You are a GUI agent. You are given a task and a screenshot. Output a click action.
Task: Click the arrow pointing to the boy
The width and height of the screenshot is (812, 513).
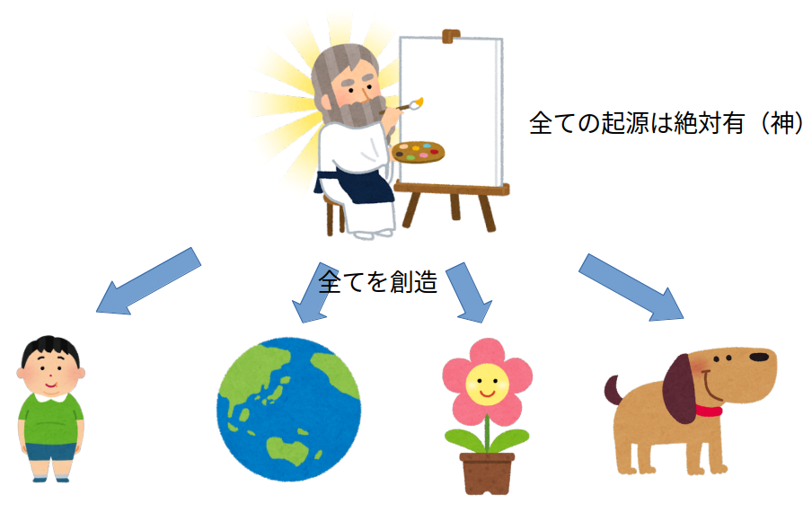pyautogui.click(x=148, y=281)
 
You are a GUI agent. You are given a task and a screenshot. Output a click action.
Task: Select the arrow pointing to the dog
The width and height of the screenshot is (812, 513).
pyautogui.click(x=631, y=287)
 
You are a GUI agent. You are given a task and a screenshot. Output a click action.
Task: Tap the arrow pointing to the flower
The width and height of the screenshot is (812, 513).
pyautogui.click(x=469, y=293)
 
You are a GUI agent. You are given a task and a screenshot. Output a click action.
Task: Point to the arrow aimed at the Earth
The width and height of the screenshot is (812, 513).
pyautogui.click(x=314, y=293)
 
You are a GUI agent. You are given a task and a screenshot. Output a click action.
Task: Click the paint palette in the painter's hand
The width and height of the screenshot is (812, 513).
pyautogui.click(x=418, y=152)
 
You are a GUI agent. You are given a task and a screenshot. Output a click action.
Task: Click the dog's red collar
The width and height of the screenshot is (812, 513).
pyautogui.click(x=709, y=411)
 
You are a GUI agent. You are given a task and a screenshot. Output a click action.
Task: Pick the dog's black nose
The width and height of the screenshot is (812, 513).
pyautogui.click(x=759, y=357)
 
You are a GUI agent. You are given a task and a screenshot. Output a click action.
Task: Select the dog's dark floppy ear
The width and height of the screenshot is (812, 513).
pyautogui.click(x=680, y=389)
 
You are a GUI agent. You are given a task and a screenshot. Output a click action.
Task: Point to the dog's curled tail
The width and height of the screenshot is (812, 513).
pyautogui.click(x=613, y=390)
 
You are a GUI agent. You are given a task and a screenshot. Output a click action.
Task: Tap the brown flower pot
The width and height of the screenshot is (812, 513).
pyautogui.click(x=487, y=473)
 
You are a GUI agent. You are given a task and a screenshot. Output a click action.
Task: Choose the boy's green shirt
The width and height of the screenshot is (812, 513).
pyautogui.click(x=50, y=420)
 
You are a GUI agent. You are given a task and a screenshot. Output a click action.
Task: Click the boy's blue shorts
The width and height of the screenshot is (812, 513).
pyautogui.click(x=50, y=451)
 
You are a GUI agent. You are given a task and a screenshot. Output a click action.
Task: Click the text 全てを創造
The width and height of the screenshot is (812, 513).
pyautogui.click(x=378, y=282)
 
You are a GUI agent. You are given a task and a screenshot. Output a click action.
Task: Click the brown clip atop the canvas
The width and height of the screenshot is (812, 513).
pyautogui.click(x=451, y=36)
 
